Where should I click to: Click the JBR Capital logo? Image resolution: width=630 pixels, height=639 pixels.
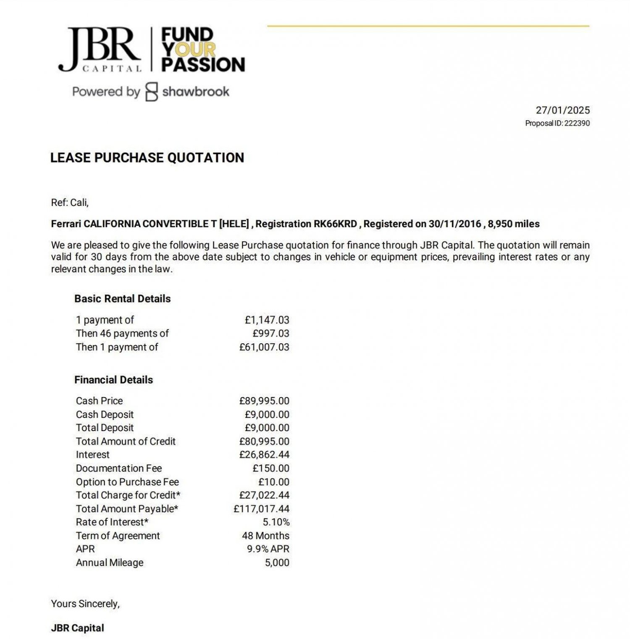pyautogui.click(x=100, y=50)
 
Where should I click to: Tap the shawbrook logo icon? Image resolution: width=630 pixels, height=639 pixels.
pyautogui.click(x=152, y=92)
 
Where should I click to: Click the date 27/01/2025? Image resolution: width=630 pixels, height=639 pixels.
pyautogui.click(x=562, y=110)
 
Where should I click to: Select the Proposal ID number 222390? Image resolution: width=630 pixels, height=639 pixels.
pyautogui.click(x=577, y=124)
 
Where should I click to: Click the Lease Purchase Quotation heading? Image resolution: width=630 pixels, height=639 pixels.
pyautogui.click(x=147, y=158)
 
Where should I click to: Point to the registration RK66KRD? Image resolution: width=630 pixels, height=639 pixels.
pyautogui.click(x=335, y=224)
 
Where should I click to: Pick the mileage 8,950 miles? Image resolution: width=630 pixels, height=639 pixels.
pyautogui.click(x=513, y=224)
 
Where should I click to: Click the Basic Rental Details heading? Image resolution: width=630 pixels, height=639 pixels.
pyautogui.click(x=123, y=299)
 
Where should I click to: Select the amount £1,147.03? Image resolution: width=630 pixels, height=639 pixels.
pyautogui.click(x=267, y=320)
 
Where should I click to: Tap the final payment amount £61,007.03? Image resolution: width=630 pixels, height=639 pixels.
pyautogui.click(x=264, y=347)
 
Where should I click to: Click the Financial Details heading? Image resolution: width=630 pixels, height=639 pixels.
pyautogui.click(x=113, y=380)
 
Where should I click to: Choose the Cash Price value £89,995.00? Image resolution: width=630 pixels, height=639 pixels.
pyautogui.click(x=264, y=401)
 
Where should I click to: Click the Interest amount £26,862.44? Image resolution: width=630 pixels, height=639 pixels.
pyautogui.click(x=264, y=455)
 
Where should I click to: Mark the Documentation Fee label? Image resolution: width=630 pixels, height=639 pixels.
pyautogui.click(x=119, y=468)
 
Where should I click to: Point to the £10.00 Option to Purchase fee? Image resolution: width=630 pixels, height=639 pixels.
pyautogui.click(x=273, y=482)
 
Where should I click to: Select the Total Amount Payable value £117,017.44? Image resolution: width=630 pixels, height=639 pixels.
pyautogui.click(x=261, y=509)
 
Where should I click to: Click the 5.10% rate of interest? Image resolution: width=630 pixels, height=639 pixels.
pyautogui.click(x=276, y=522)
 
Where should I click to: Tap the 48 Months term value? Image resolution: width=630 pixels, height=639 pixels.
pyautogui.click(x=265, y=536)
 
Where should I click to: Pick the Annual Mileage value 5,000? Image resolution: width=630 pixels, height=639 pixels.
pyautogui.click(x=277, y=563)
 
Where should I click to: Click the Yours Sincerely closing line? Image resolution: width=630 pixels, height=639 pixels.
pyautogui.click(x=85, y=604)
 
